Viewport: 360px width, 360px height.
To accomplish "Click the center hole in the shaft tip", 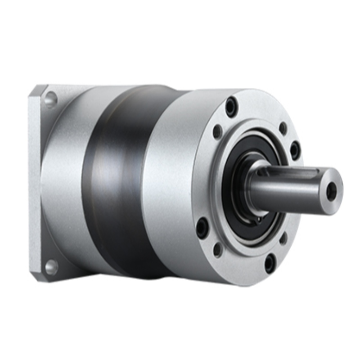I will click(x=332, y=192).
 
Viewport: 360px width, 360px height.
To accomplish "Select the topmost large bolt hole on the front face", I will click(x=231, y=107).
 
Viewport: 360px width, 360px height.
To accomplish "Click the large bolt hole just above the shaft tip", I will click(x=295, y=150).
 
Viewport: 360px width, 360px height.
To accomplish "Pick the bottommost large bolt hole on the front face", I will click(x=270, y=263).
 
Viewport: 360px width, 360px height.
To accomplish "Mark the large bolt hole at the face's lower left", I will click(x=202, y=227).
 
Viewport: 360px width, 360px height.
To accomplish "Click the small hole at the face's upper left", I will click(x=217, y=131).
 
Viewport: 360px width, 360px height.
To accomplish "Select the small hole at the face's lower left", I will click(x=218, y=249).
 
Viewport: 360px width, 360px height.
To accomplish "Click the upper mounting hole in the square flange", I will click(x=50, y=99).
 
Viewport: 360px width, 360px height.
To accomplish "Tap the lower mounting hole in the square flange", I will click(x=51, y=267).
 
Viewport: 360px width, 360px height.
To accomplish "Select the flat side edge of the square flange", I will click(x=34, y=180).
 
